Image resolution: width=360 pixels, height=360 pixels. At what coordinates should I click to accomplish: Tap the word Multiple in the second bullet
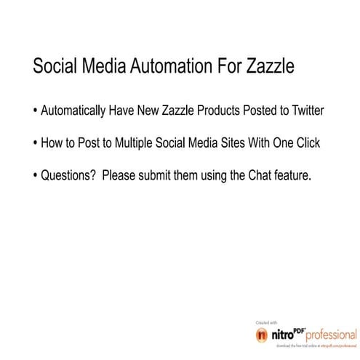click(x=130, y=143)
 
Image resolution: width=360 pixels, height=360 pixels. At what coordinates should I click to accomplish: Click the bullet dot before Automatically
click(x=36, y=113)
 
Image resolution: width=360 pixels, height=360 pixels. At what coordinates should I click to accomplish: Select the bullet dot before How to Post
click(x=36, y=144)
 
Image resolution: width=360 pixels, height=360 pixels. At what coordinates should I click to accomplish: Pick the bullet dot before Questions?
click(x=36, y=175)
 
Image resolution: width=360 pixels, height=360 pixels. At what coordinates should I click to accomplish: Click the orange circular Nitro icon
click(x=262, y=337)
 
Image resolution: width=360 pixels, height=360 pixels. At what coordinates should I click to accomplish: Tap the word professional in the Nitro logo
click(x=332, y=337)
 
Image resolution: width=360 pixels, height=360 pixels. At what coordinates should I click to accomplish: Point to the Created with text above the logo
click(x=263, y=322)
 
